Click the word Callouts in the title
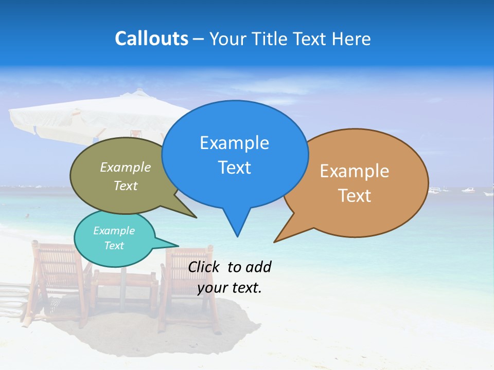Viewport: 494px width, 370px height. coord(151,39)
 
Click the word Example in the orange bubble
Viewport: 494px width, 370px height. coord(355,171)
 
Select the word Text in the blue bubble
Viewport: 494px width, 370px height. coord(235,168)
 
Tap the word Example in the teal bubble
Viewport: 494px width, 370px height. coord(114,231)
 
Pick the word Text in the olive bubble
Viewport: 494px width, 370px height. coord(126,186)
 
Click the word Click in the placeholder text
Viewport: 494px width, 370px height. coord(205,267)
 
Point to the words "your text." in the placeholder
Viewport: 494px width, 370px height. coord(230,288)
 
